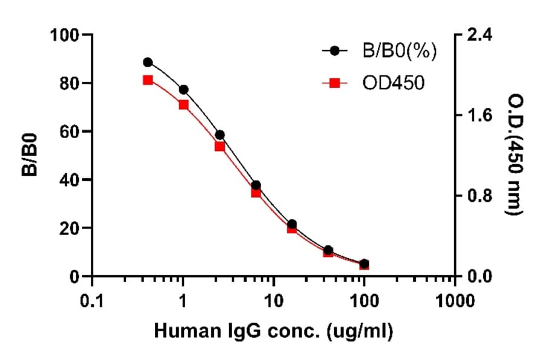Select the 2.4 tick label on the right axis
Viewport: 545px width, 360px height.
click(x=477, y=35)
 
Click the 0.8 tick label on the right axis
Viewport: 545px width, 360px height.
click(x=477, y=196)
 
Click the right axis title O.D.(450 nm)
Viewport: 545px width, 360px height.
click(x=516, y=155)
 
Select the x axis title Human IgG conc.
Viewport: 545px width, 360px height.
click(x=274, y=331)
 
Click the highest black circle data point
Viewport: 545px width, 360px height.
click(x=148, y=62)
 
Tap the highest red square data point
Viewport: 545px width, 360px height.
click(x=148, y=80)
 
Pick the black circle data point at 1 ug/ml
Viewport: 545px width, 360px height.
click(x=183, y=90)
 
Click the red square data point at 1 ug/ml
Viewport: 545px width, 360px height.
click(x=183, y=105)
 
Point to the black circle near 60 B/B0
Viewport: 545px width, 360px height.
click(x=220, y=135)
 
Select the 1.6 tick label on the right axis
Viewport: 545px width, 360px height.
click(x=477, y=115)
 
